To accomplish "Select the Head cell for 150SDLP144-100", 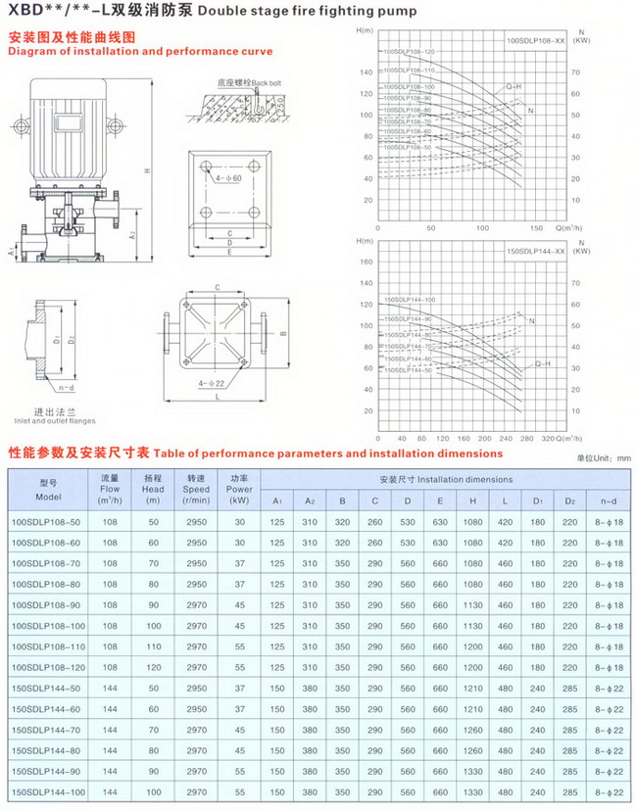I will point(152,789).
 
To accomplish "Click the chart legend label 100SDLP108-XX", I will point(535,42).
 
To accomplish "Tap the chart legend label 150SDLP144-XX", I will point(535,252).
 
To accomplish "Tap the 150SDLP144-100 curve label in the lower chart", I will point(408,300).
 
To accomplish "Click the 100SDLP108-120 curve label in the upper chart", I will point(408,51).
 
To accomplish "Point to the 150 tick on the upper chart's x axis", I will point(535,227).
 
